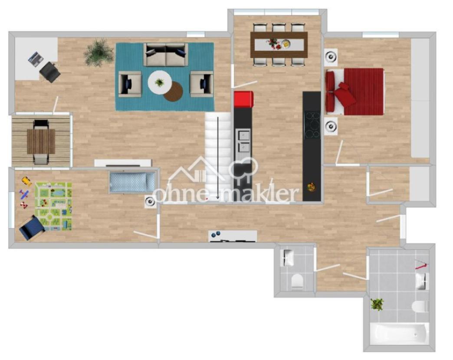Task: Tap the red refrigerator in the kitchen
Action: (243, 99)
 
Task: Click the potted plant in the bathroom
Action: (377, 304)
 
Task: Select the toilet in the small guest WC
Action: (297, 281)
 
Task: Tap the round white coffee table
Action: (160, 82)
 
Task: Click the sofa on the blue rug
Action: (165, 55)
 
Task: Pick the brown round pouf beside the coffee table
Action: (174, 92)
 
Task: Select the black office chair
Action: (50, 72)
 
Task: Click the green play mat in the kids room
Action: (53, 206)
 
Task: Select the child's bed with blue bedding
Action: (132, 182)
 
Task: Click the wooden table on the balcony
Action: (41, 141)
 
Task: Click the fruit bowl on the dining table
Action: (286, 43)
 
